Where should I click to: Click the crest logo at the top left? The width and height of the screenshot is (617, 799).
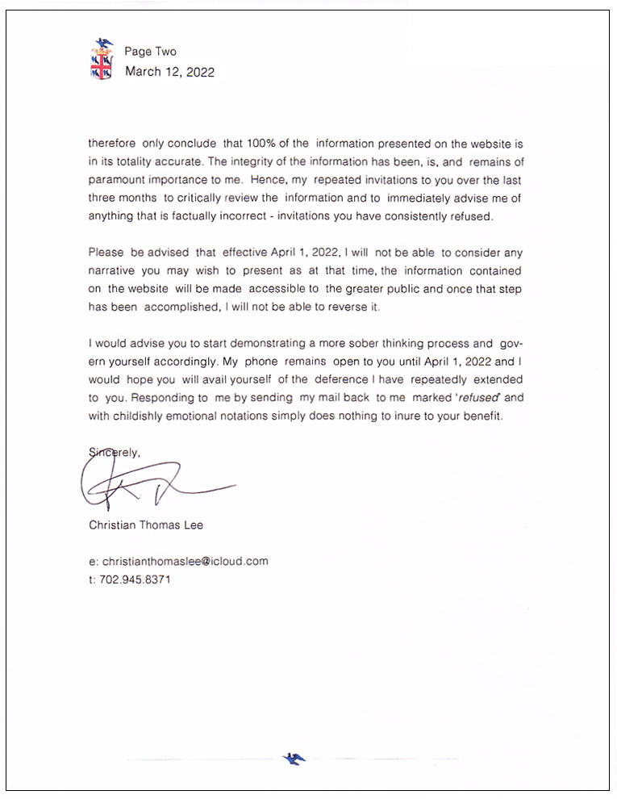coord(102,60)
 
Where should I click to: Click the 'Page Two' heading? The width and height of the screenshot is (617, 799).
coord(150,52)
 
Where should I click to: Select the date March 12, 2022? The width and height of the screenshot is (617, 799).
coord(169,72)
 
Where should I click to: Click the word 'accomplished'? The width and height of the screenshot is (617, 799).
coord(178,307)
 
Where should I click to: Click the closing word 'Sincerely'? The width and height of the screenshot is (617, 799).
coord(115,453)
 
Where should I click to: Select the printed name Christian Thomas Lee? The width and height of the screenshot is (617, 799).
coord(145,525)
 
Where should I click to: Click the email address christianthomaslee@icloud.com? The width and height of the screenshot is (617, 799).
coord(184,562)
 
